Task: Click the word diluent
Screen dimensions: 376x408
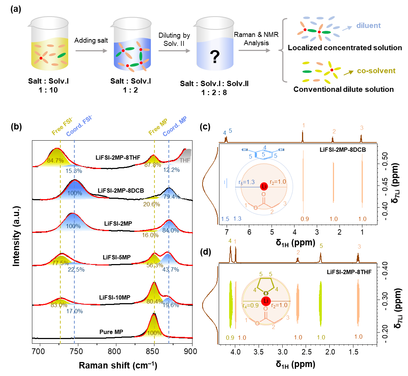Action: tap(368, 26)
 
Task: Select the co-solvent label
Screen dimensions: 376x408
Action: tap(376, 71)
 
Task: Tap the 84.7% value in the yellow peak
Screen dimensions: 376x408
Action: tap(55, 160)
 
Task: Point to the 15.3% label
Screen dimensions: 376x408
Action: tap(74, 171)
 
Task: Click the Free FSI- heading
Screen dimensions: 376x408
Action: tap(62, 126)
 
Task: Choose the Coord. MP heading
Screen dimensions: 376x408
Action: tap(175, 126)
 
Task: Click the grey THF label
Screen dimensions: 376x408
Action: tap(185, 160)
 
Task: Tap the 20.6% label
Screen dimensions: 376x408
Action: tap(152, 204)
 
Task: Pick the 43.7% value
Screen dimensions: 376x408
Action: tap(171, 269)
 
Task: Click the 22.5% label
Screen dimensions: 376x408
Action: tap(76, 269)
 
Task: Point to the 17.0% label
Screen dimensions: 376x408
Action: tap(75, 311)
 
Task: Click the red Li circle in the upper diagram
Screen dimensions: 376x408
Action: tap(264, 187)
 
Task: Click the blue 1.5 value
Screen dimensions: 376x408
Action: tap(225, 219)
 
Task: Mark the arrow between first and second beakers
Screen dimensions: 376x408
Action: tap(93, 51)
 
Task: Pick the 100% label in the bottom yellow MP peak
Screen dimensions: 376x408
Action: tap(154, 333)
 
